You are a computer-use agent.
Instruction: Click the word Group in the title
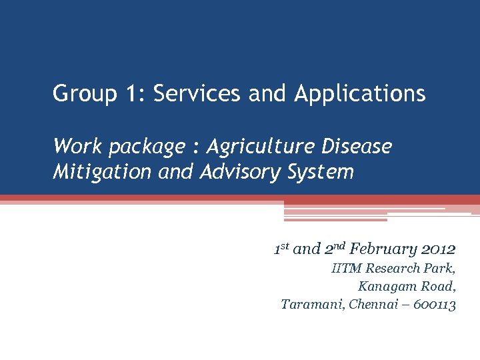82,93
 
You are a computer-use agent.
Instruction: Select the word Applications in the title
359,93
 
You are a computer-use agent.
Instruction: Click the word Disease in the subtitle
358,146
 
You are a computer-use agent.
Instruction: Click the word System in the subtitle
321,173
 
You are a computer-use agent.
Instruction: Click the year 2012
438,250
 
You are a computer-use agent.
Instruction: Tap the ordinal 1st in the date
281,250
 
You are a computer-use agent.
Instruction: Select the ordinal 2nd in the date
335,250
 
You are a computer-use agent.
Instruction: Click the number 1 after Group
130,93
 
